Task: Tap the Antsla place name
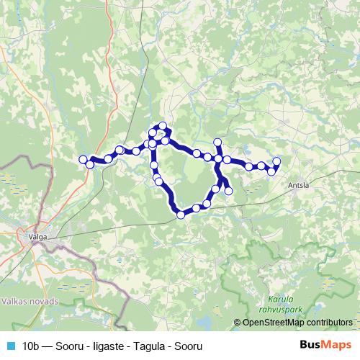(298, 184)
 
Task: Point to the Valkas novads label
(27, 300)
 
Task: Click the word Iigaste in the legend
(106, 346)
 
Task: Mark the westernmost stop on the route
(83, 159)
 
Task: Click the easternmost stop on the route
(276, 161)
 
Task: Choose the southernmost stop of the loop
(181, 214)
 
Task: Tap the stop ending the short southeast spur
(229, 191)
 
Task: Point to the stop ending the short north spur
(217, 142)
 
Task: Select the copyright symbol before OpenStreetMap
(238, 323)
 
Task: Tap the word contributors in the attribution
(327, 323)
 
